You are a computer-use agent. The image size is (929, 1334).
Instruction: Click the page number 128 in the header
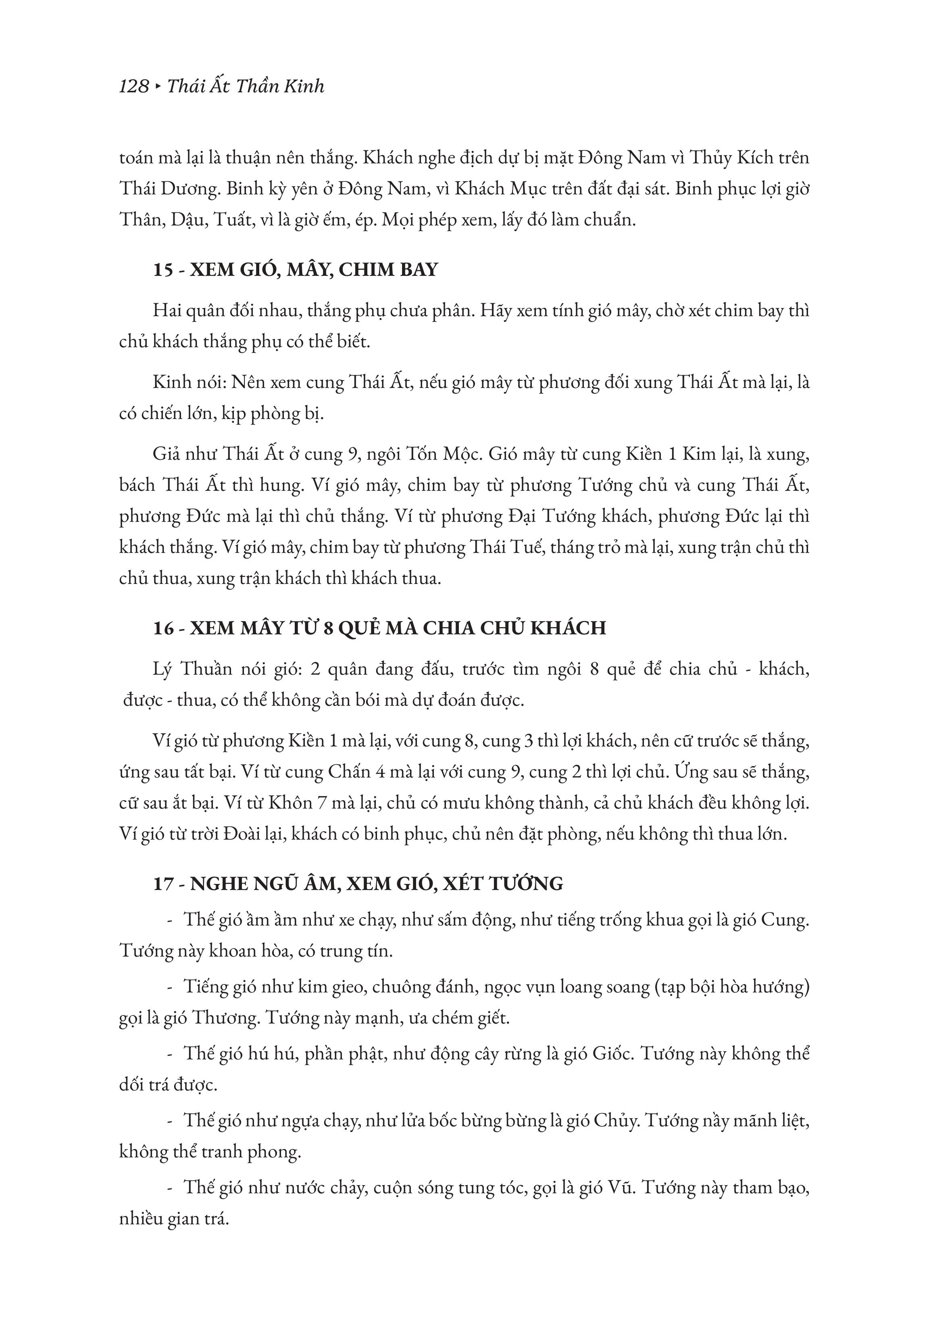coord(134,87)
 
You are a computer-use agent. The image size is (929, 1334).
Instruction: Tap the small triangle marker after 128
coord(158,87)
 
